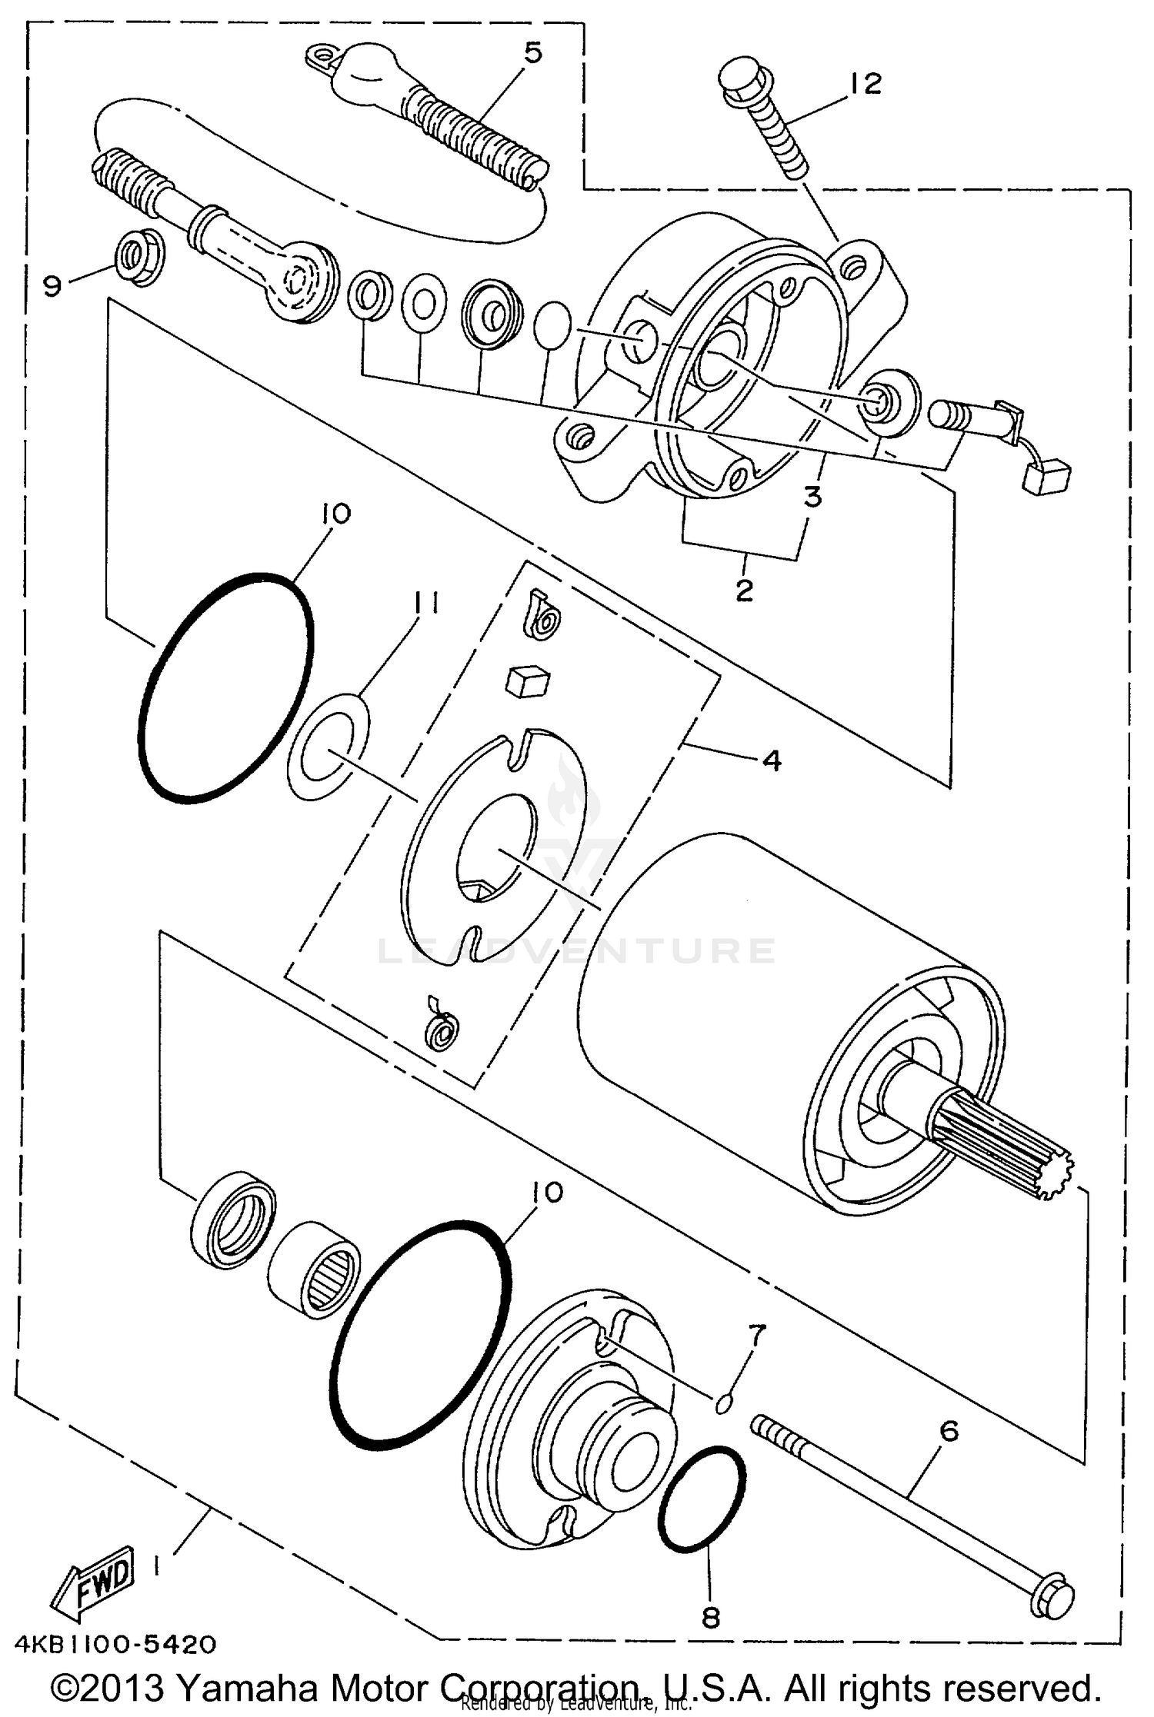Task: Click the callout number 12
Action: (865, 83)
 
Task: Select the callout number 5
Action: (532, 52)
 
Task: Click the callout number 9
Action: (52, 287)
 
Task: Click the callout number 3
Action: (812, 497)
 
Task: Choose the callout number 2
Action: (744, 591)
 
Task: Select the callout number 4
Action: (772, 760)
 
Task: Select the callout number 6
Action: (950, 1431)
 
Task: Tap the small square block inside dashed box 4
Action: (528, 680)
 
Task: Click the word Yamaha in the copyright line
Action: (252, 1689)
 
